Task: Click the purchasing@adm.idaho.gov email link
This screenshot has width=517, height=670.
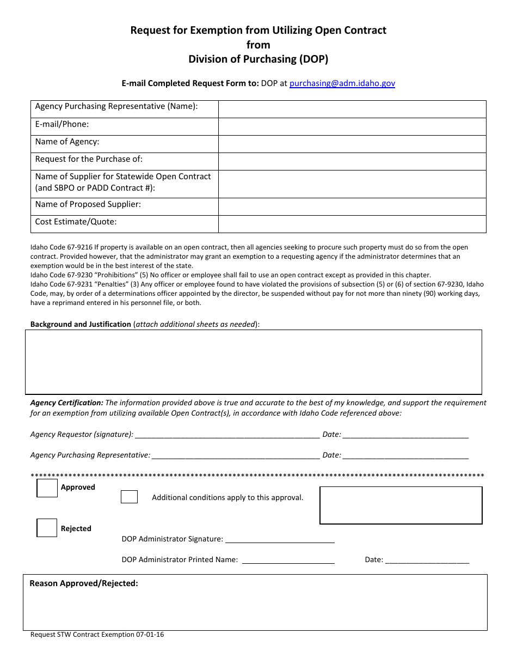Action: coord(342,83)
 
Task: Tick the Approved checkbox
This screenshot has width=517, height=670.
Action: coord(47,488)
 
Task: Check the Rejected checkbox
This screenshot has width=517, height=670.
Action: coord(47,528)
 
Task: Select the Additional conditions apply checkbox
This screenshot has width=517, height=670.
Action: coord(129,497)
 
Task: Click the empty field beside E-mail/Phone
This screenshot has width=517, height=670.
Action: coord(352,126)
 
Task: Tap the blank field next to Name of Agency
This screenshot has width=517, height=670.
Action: coord(352,144)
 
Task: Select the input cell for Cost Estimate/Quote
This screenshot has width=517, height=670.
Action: coord(352,224)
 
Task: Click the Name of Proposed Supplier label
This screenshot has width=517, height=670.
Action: coord(88,204)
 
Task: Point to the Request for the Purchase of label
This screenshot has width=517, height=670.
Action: coord(89,159)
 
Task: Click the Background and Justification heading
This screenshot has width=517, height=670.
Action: coord(81,324)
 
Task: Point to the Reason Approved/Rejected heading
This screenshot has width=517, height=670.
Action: coord(84,583)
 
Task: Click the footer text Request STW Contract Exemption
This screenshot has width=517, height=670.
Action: coord(97,635)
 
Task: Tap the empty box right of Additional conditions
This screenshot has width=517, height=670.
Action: coord(401,505)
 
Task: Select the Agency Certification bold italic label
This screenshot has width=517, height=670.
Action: coord(66,403)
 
